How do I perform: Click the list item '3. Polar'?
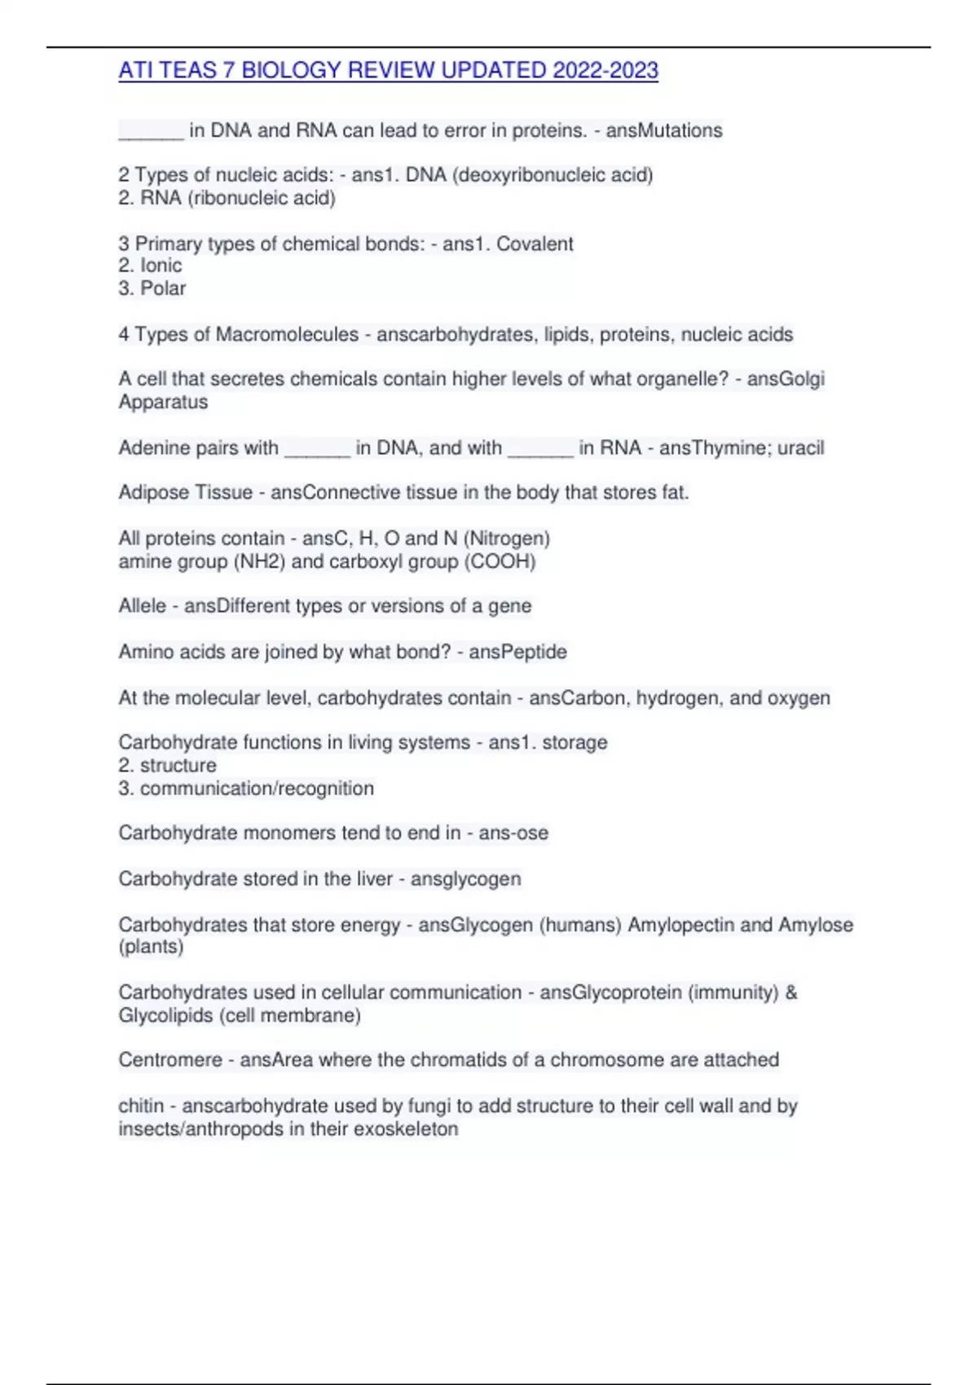click(x=152, y=288)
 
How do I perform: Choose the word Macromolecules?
click(x=287, y=334)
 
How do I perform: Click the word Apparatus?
click(x=163, y=402)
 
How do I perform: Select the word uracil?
click(x=800, y=447)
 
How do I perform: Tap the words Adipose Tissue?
click(x=185, y=492)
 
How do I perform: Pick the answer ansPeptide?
click(x=518, y=652)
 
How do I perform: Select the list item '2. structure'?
click(x=167, y=765)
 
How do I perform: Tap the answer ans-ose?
click(x=513, y=833)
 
